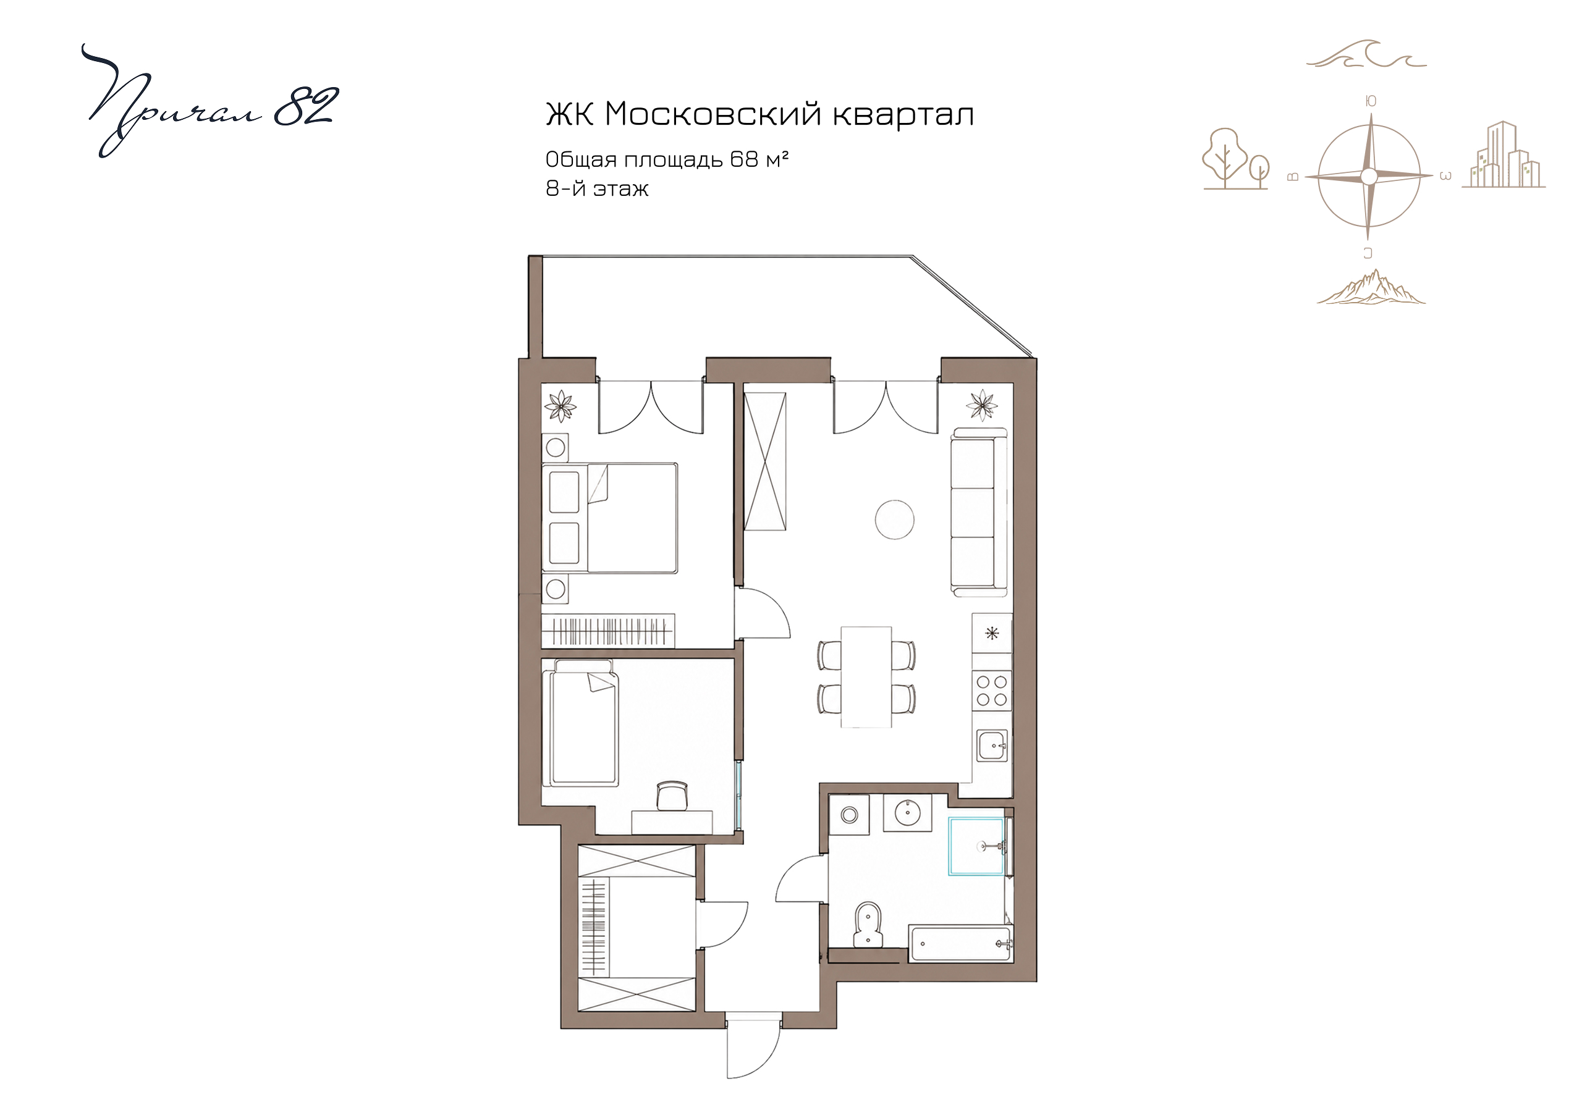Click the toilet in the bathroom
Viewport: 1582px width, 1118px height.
click(868, 925)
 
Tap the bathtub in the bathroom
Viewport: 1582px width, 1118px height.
click(960, 943)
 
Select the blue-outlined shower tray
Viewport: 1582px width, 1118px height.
click(976, 846)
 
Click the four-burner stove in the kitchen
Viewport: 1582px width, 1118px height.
click(991, 690)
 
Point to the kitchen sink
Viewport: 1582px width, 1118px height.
click(991, 746)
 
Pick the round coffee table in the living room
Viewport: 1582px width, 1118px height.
click(894, 519)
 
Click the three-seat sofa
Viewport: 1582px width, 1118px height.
click(978, 512)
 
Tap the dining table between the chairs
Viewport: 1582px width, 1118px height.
click(866, 676)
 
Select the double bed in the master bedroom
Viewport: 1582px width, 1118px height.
click(610, 518)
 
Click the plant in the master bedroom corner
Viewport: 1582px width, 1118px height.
click(560, 406)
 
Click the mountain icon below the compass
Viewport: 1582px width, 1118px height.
click(1371, 287)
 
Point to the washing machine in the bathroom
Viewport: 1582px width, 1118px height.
click(849, 815)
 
